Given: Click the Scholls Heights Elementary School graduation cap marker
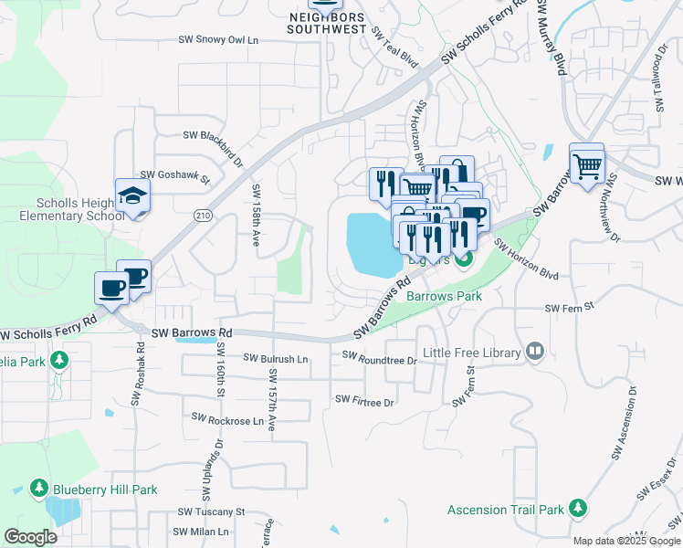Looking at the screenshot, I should click(132, 196).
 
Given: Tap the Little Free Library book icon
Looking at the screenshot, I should click(535, 352).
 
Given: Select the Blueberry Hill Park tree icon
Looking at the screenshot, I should click(39, 490).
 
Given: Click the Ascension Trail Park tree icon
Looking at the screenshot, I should click(577, 508).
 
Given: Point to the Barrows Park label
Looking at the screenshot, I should click(444, 297).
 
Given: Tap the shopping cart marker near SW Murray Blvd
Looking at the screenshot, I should click(587, 165).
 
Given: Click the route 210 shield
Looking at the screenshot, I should click(203, 216).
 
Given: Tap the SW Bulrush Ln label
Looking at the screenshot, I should click(275, 359).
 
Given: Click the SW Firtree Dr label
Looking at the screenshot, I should click(364, 400).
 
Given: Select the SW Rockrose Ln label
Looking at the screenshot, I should click(227, 421).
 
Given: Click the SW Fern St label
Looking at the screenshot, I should click(569, 308).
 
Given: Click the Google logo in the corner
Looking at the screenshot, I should click(30, 536).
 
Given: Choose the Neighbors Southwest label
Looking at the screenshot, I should click(326, 23).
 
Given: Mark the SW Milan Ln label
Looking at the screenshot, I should click(202, 532).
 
